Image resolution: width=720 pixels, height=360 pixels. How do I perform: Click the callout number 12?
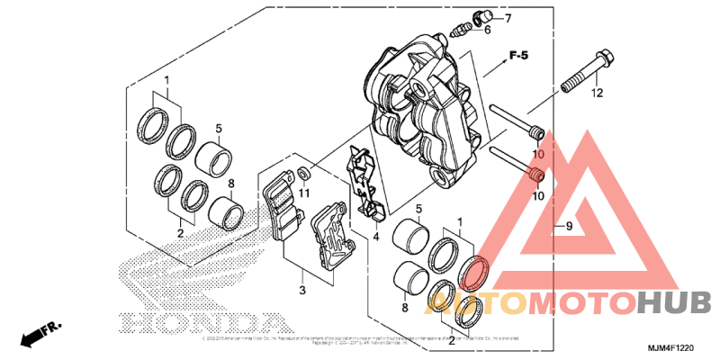point(597,92)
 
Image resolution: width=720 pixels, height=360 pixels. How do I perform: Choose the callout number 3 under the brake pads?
point(303,290)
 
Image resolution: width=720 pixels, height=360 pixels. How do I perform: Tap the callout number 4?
point(377,237)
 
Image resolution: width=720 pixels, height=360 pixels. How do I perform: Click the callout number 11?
point(304,193)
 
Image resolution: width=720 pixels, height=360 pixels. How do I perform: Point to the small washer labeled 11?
point(304,172)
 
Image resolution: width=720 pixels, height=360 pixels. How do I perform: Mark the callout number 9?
point(568,227)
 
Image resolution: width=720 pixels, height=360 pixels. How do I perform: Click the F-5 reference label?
point(517,57)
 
